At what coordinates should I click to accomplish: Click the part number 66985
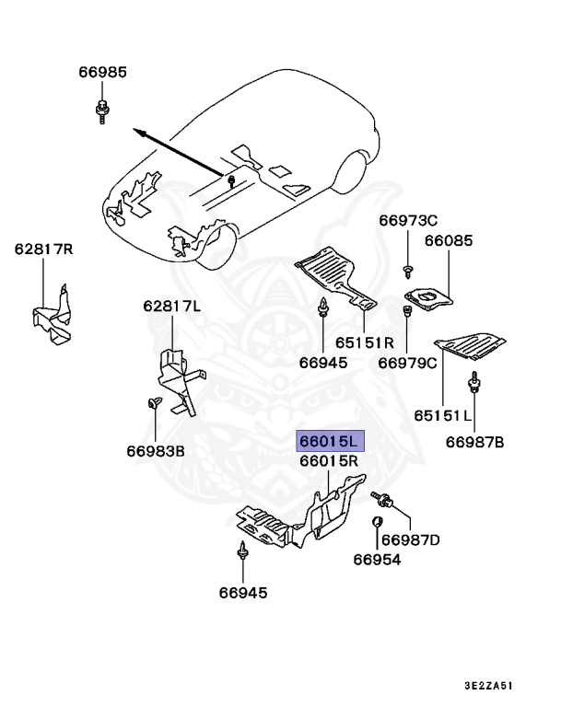pyautogui.click(x=102, y=73)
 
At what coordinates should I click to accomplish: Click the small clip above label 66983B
pyautogui.click(x=154, y=401)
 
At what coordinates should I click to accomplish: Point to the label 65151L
pyautogui.click(x=442, y=416)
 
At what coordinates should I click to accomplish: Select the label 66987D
pyautogui.click(x=411, y=539)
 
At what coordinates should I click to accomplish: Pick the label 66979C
pyautogui.click(x=408, y=363)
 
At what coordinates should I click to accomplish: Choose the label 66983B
pyautogui.click(x=156, y=451)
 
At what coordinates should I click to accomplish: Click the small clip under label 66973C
pyautogui.click(x=406, y=269)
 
